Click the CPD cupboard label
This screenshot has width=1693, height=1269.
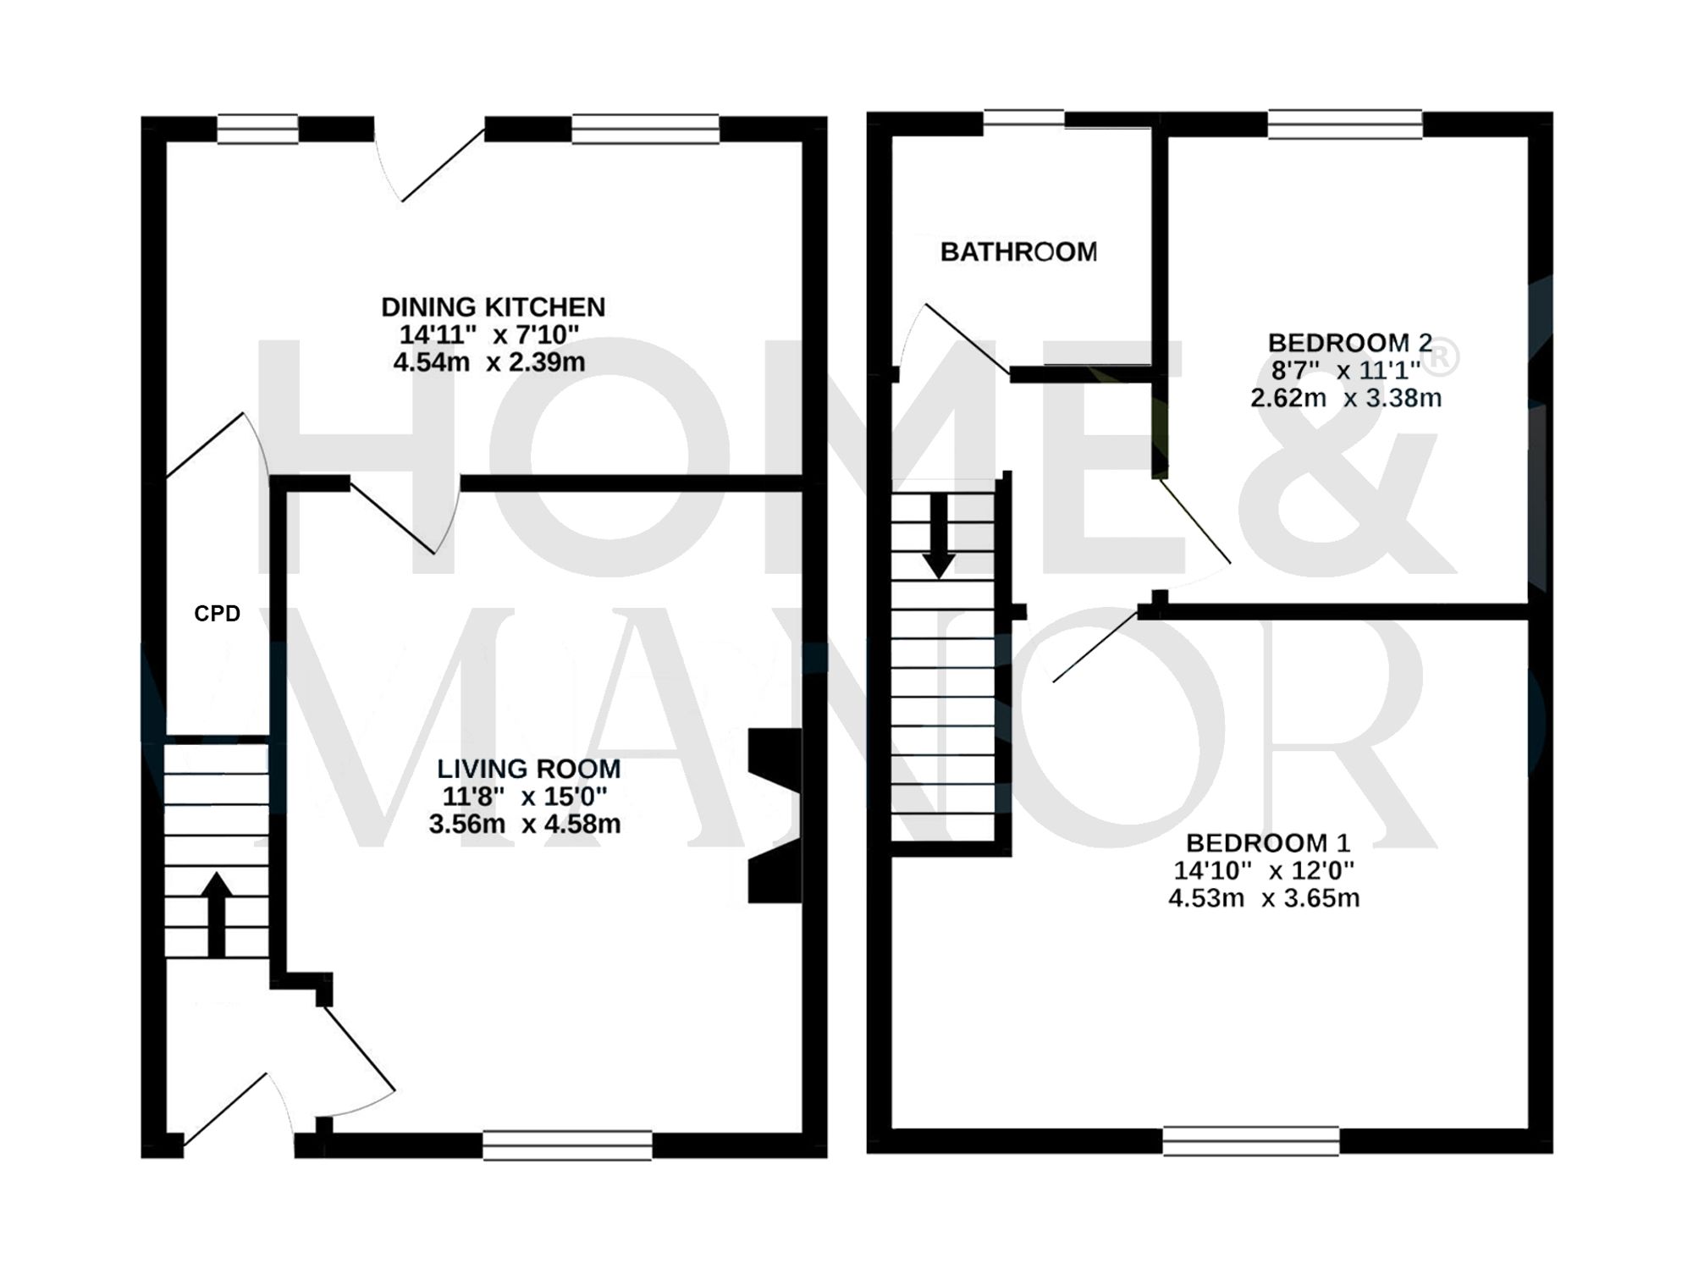pyautogui.click(x=217, y=614)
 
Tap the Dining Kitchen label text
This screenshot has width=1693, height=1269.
pyautogui.click(x=493, y=306)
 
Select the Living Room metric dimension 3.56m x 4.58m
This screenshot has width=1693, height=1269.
pyautogui.click(x=525, y=824)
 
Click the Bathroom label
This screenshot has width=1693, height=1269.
pyautogui.click(x=1018, y=251)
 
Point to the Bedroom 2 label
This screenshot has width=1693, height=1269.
pyautogui.click(x=1349, y=343)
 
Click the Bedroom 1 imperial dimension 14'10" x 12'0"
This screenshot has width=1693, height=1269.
pyautogui.click(x=1264, y=870)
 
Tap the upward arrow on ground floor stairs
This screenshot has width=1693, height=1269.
pyautogui.click(x=217, y=914)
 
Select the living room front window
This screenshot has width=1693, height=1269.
pyautogui.click(x=567, y=1145)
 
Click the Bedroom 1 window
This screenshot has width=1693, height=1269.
pyautogui.click(x=1250, y=1140)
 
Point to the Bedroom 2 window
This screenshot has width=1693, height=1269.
pyautogui.click(x=1345, y=124)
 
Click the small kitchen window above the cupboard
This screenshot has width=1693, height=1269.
pyautogui.click(x=257, y=130)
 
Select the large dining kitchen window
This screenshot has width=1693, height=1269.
pyautogui.click(x=645, y=129)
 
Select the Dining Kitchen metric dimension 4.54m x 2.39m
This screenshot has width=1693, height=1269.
pyautogui.click(x=489, y=362)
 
